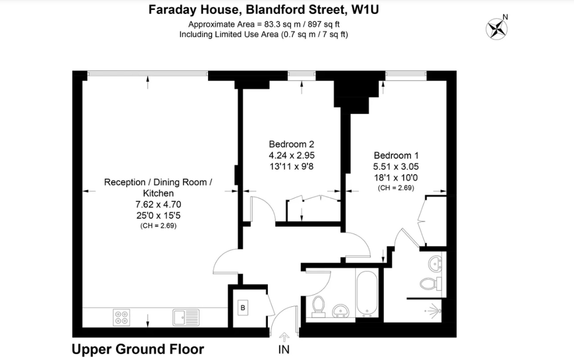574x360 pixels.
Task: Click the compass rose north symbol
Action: coord(497,29)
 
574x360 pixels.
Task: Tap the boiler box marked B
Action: coord(243,308)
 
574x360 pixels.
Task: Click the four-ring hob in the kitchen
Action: coord(121,318)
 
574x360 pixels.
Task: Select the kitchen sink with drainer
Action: coord(186,318)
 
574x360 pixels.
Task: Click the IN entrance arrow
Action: coord(284,337)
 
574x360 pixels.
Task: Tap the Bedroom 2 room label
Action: coord(291,144)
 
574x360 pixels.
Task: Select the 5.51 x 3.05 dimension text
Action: coord(396,167)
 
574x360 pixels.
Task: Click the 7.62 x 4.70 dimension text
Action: coord(158,204)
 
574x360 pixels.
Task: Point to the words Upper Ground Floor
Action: coord(138,349)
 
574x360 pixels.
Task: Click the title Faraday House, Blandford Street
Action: coord(263,9)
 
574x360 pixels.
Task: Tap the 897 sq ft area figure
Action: coord(323,24)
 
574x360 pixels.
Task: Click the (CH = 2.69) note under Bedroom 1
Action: coord(396,188)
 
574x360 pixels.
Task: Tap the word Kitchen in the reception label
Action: coord(158,193)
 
